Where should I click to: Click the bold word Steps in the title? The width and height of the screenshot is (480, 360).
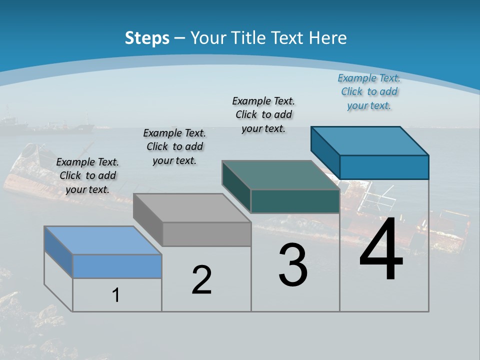click(147, 38)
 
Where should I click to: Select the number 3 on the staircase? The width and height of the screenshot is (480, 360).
click(293, 265)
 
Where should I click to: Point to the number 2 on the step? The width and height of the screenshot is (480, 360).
click(201, 280)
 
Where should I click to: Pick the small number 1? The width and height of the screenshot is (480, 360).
click(116, 295)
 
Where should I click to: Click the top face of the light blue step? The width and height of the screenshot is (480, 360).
click(102, 240)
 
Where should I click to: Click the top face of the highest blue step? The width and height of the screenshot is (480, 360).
click(369, 140)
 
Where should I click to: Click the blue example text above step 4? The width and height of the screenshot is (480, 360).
click(369, 91)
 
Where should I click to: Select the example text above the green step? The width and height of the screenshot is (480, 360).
click(263, 114)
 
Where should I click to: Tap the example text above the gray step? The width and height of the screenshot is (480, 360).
click(174, 146)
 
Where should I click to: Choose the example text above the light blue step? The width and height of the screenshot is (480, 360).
click(87, 175)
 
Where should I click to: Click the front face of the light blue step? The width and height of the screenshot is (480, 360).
click(117, 266)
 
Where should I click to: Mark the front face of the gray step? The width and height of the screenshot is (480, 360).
click(206, 234)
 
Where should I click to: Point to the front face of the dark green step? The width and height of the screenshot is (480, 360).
click(295, 201)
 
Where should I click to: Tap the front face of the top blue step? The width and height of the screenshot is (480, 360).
click(384, 167)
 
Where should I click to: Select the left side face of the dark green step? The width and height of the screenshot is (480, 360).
click(236, 186)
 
